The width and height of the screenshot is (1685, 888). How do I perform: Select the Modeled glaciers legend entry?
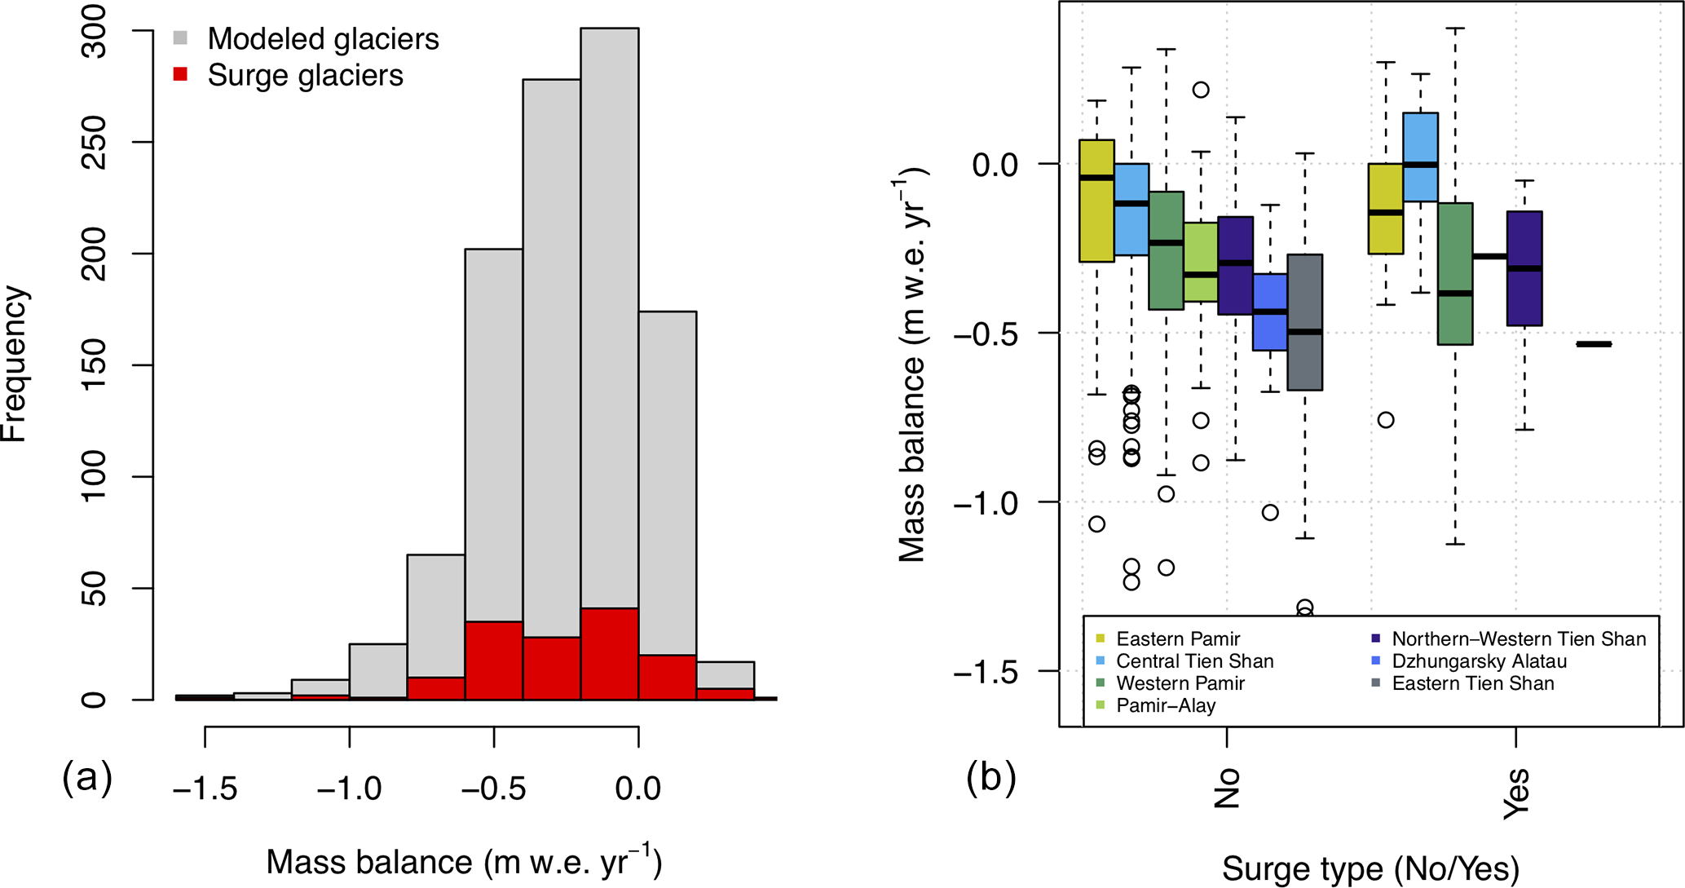click(323, 38)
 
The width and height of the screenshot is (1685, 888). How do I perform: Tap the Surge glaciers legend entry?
click(305, 75)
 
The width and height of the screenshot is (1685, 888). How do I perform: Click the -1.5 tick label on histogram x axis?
click(205, 788)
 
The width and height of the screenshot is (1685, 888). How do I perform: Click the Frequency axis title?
click(15, 364)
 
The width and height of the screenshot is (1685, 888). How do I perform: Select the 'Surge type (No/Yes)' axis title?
click(1370, 868)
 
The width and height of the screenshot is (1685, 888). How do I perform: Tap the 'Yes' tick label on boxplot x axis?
click(1516, 793)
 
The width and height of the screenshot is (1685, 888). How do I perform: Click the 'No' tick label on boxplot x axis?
click(1227, 789)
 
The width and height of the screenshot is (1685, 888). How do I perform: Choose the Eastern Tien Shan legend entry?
click(1472, 683)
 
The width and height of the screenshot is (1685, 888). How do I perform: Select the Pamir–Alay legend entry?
click(1165, 705)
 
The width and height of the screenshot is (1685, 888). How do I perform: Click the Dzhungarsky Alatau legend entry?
click(1479, 661)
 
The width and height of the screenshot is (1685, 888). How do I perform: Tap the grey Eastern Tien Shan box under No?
click(1305, 322)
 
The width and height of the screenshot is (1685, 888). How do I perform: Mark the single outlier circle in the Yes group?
click(1386, 420)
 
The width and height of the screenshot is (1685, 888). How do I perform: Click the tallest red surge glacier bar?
click(609, 653)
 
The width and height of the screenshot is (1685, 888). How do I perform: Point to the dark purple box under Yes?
click(1524, 268)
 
